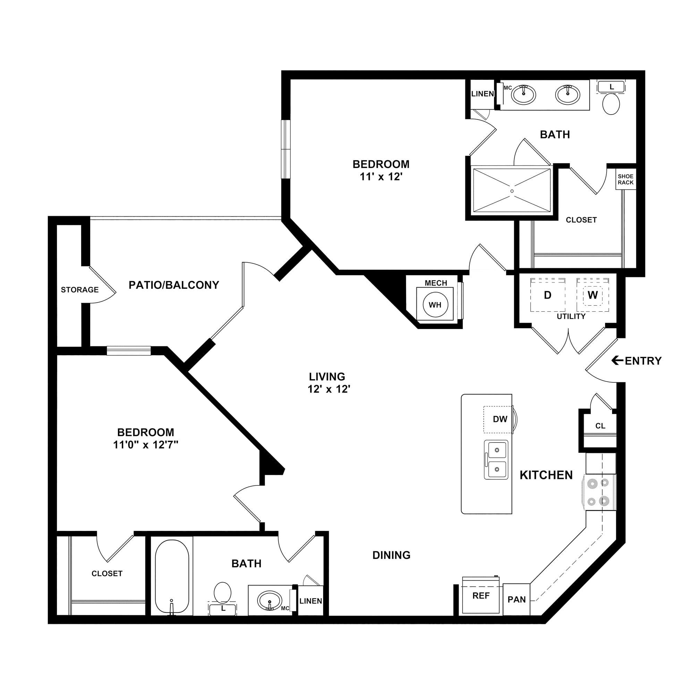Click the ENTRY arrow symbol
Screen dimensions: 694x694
click(x=618, y=360)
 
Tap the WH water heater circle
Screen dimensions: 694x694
click(x=435, y=305)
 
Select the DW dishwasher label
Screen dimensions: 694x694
click(x=500, y=419)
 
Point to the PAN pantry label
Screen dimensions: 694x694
click(x=517, y=600)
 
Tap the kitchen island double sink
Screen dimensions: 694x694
click(x=496, y=460)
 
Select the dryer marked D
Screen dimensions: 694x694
click(x=548, y=295)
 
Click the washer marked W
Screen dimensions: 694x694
click(x=593, y=295)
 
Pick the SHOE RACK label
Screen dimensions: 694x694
click(x=626, y=179)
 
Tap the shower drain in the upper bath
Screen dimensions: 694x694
click(x=512, y=191)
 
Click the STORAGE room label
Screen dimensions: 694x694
click(x=79, y=289)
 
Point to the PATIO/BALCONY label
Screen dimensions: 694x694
click(x=174, y=285)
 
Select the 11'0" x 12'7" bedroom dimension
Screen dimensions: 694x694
click(x=146, y=445)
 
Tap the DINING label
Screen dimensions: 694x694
click(x=391, y=555)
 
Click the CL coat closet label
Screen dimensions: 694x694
click(x=600, y=426)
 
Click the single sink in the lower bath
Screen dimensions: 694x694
click(x=269, y=600)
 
